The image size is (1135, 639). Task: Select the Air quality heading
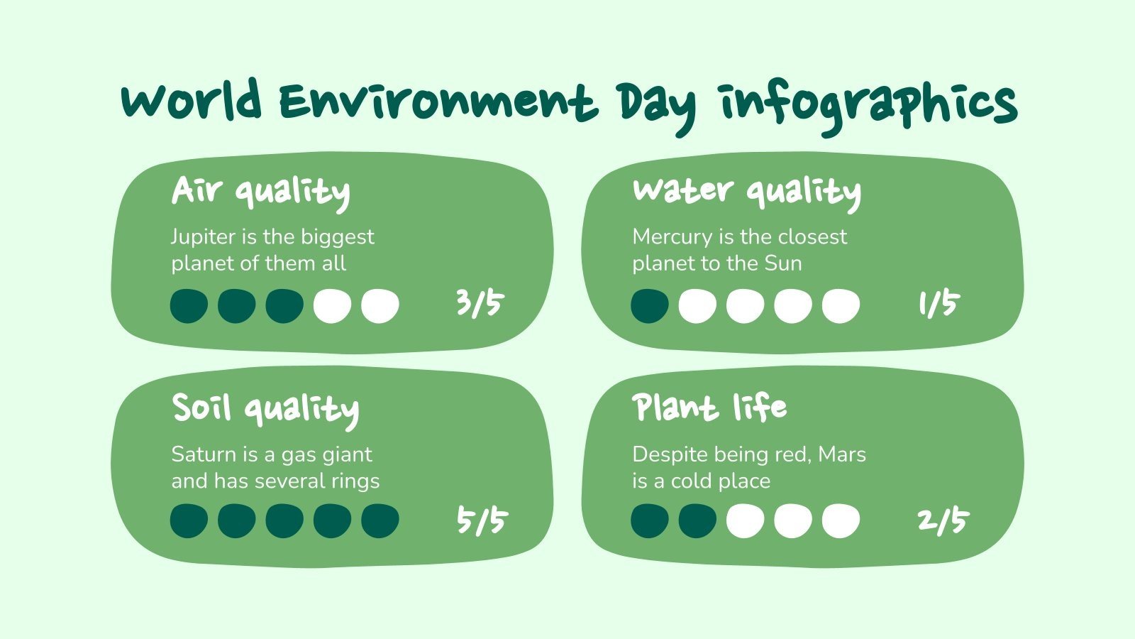[x=260, y=191]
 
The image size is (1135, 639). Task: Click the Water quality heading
[x=746, y=191]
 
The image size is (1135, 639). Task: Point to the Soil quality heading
[x=265, y=409]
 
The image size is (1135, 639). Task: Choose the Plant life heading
[x=709, y=408]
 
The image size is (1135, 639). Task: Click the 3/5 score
[x=479, y=304]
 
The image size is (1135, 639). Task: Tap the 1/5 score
[x=938, y=304]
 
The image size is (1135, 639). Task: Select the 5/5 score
[x=482, y=521]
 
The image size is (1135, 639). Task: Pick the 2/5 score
[x=942, y=521]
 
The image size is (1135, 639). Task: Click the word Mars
[x=842, y=454]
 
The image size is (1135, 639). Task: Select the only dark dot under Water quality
[x=650, y=306]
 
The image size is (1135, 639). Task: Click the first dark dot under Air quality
[x=189, y=306]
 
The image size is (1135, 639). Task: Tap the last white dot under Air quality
[x=380, y=306]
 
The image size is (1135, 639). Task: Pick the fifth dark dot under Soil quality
[x=380, y=520]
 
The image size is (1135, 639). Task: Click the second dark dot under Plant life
[x=697, y=520]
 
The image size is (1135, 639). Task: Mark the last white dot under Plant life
[x=841, y=520]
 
